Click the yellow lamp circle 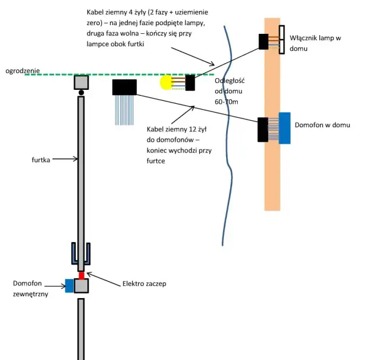(x=167, y=83)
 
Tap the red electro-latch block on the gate (x=82, y=275)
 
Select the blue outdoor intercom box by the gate (x=69, y=286)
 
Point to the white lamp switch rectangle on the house (x=281, y=40)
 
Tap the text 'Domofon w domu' (x=322, y=125)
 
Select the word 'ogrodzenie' (x=23, y=71)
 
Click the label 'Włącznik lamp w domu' (x=314, y=43)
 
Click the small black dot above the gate (x=82, y=93)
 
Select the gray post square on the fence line (x=81, y=82)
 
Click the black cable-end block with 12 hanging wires (x=124, y=88)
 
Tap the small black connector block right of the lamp (x=191, y=83)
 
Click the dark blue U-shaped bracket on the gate (x=82, y=253)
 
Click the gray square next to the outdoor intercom (x=82, y=286)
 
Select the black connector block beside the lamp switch (x=263, y=41)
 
